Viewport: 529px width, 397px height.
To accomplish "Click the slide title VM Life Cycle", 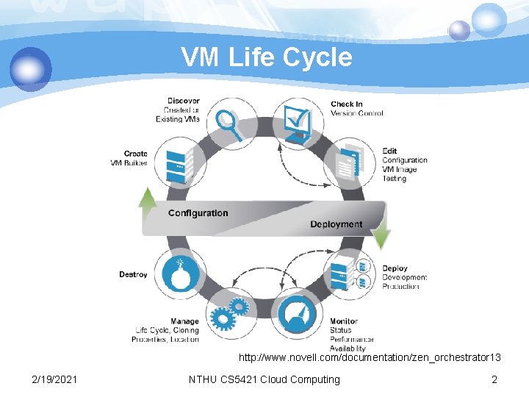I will pyautogui.click(x=267, y=57).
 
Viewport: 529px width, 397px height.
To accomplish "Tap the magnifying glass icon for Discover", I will pyautogui.click(x=230, y=123).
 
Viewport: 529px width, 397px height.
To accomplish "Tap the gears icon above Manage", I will pyautogui.click(x=228, y=315).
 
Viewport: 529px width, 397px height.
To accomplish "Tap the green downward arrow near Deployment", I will pyautogui.click(x=381, y=236).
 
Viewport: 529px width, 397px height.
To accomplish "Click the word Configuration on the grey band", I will pyautogui.click(x=198, y=213).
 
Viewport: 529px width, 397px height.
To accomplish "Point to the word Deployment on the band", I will pyautogui.click(x=336, y=224).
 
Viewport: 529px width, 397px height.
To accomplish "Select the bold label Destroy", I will pyautogui.click(x=133, y=274).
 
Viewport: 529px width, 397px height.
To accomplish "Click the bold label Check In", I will pyautogui.click(x=347, y=104).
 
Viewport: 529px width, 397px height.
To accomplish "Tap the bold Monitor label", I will pyautogui.click(x=344, y=321).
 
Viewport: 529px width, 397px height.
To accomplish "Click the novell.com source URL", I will pyautogui.click(x=370, y=358).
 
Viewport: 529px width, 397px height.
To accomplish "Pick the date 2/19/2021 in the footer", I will pyautogui.click(x=55, y=379).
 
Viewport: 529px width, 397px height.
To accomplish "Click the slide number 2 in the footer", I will pyautogui.click(x=494, y=379).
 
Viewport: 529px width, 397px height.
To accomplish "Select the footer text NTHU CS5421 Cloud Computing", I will pyautogui.click(x=264, y=379).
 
